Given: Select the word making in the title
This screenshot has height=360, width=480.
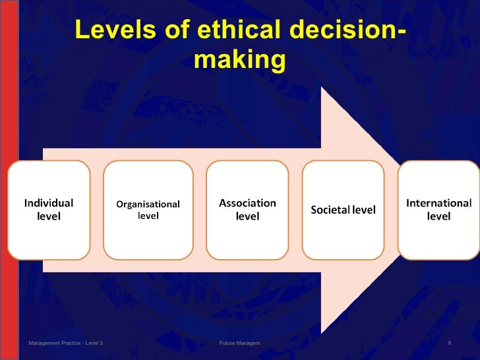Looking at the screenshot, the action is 240,60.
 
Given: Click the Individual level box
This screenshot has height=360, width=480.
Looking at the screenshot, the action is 49,210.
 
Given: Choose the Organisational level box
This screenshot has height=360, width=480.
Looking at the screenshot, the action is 148,210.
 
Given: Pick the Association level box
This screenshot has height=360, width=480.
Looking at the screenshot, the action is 247,210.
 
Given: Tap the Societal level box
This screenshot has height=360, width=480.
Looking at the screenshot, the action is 343,210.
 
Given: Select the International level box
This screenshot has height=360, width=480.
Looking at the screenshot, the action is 438,210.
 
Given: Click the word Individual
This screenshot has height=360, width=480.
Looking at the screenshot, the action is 49,203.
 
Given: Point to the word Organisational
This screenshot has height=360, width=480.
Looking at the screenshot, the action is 148,204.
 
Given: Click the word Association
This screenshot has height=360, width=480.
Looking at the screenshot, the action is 247,203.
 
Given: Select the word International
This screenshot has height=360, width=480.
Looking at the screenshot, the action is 438,203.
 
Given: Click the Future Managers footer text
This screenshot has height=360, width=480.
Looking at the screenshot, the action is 239,344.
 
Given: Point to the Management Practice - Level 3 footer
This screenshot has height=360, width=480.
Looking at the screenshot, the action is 65,344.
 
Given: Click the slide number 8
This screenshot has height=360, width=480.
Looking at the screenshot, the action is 449,344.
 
